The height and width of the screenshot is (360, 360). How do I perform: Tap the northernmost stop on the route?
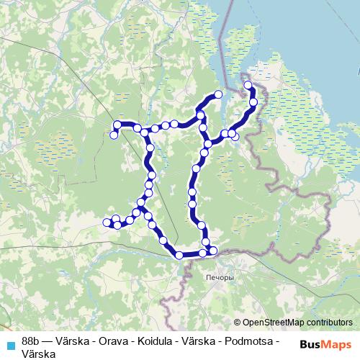click(x=248, y=85)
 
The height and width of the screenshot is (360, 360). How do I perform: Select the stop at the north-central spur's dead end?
click(x=218, y=94)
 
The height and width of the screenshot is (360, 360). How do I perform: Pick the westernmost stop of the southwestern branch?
click(x=107, y=222)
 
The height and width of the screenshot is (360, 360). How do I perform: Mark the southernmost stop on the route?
click(x=179, y=255)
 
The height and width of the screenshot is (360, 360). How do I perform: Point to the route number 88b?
click(x=31, y=340)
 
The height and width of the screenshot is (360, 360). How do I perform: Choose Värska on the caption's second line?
click(x=38, y=353)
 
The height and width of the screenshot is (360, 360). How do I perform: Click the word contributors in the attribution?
click(x=330, y=322)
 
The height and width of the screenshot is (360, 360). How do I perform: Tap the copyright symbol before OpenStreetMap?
click(x=238, y=322)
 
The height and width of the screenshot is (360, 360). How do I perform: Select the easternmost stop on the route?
click(x=254, y=103)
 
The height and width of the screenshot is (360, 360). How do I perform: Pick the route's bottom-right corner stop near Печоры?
click(x=212, y=251)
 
